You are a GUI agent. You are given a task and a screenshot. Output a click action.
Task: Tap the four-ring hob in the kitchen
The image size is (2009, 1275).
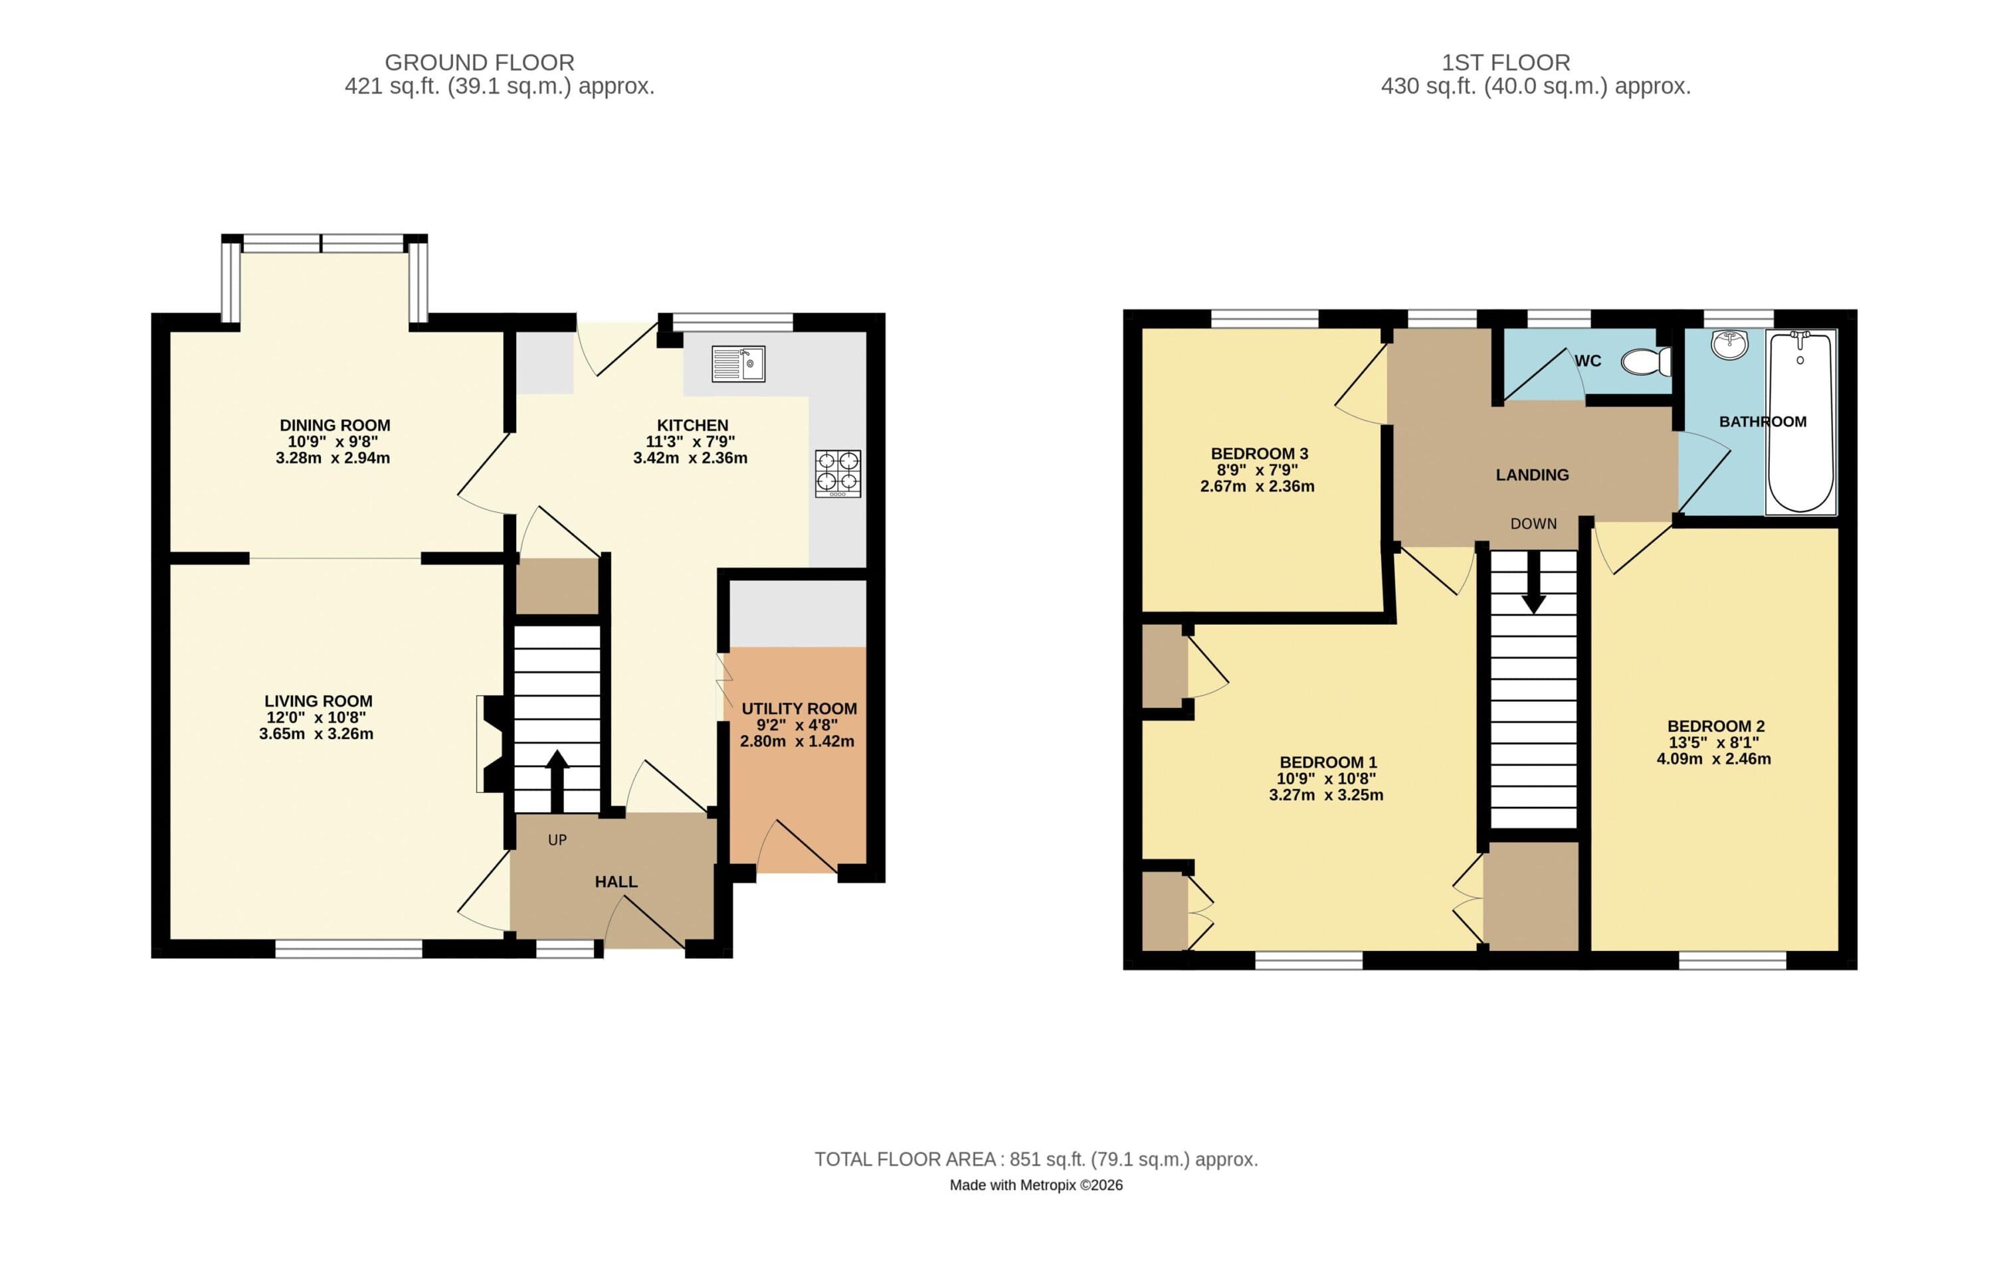[838, 473]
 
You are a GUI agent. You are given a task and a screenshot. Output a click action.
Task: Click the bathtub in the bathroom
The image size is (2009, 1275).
[1800, 422]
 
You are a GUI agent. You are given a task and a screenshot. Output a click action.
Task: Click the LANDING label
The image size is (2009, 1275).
[1532, 475]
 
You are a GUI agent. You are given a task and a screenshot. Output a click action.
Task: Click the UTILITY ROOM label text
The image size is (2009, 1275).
[799, 709]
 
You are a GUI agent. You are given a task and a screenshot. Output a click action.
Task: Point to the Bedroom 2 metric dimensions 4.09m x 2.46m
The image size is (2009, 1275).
[1713, 760]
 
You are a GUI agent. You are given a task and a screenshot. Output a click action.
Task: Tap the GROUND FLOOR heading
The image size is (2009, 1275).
[479, 62]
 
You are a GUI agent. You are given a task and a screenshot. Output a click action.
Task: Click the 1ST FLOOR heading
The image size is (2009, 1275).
[1506, 62]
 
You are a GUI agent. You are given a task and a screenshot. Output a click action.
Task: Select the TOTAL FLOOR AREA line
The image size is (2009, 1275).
[1035, 1159]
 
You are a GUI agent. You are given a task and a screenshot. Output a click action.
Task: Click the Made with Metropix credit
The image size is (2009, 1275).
[1035, 1185]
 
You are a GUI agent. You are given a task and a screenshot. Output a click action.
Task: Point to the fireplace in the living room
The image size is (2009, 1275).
[490, 743]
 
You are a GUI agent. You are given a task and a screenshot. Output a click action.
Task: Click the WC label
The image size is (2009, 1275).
[1588, 361]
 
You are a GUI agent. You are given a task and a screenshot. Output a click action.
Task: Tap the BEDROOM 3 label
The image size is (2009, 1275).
[1259, 454]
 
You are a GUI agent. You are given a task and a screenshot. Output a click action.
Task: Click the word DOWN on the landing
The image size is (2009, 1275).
[1533, 524]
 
